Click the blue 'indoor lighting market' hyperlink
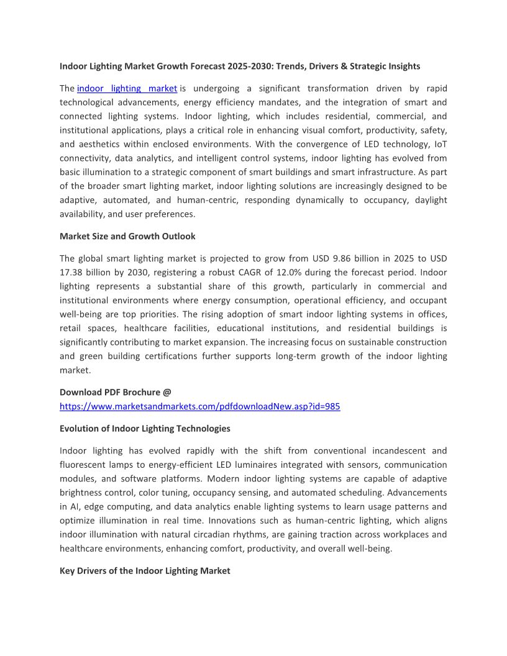point(127,88)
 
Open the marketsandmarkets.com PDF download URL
point(199,406)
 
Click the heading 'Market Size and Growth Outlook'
point(127,236)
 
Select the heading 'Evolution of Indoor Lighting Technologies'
point(145,429)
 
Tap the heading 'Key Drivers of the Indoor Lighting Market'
point(145,570)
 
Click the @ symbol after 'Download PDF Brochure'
point(167,392)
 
